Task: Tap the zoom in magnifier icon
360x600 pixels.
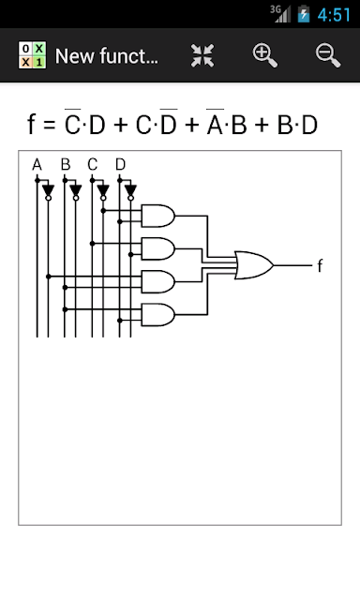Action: click(x=264, y=56)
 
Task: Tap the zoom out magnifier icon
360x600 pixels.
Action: click(x=328, y=56)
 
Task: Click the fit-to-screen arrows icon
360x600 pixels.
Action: click(x=202, y=56)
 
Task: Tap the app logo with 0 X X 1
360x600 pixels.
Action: click(x=33, y=55)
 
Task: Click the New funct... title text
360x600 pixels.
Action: click(x=106, y=56)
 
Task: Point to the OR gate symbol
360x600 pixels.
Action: click(x=254, y=265)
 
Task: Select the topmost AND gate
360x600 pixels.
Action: click(x=158, y=216)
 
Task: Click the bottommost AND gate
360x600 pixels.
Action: click(x=158, y=315)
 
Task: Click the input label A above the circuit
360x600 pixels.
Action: click(x=37, y=165)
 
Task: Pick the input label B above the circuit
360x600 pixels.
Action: click(x=66, y=165)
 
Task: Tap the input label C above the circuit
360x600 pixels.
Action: click(x=93, y=165)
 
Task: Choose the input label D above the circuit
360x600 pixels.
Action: click(x=121, y=165)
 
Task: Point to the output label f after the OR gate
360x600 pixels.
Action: click(x=321, y=265)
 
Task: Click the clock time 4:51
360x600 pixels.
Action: click(x=334, y=15)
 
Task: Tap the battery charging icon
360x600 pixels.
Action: click(x=304, y=14)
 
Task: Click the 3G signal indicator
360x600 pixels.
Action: click(x=280, y=14)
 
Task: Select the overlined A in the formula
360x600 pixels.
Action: click(x=215, y=123)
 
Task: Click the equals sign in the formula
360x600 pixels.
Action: click(x=50, y=125)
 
